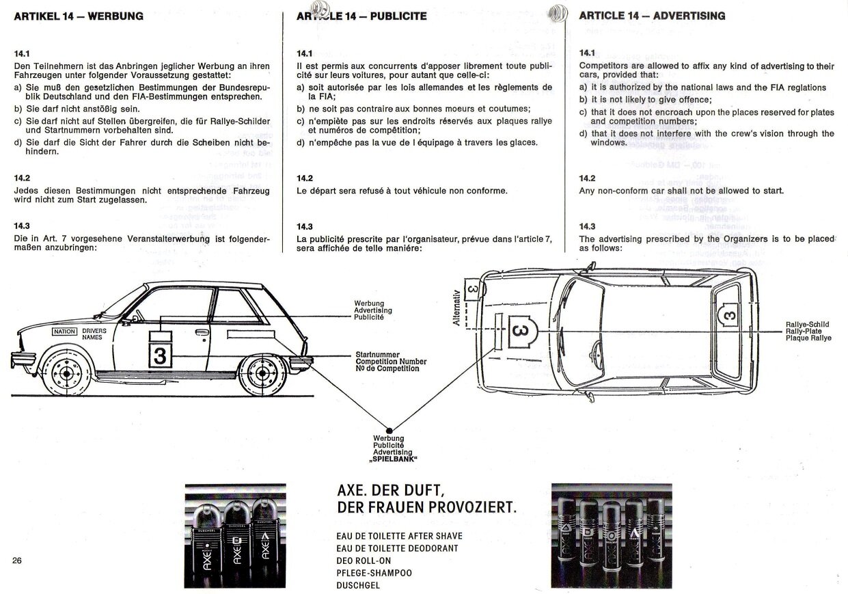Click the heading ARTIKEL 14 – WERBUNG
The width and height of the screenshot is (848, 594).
(79, 16)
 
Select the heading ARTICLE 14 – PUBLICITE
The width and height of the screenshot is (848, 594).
(361, 16)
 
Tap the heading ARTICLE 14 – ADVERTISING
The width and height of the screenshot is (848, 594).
(652, 16)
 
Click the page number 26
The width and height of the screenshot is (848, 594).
(18, 561)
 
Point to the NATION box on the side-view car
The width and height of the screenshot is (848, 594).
(65, 332)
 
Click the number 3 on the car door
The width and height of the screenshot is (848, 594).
(161, 355)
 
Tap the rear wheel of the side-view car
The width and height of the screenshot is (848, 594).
(263, 375)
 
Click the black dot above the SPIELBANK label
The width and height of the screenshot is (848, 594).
(389, 430)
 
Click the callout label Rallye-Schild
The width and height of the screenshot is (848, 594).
(808, 325)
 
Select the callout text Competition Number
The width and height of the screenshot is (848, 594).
(391, 362)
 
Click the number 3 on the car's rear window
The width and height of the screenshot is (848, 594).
(729, 315)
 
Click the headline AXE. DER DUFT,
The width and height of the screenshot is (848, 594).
(391, 491)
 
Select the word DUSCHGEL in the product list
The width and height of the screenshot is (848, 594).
(358, 585)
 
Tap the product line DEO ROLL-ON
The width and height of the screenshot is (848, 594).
(364, 561)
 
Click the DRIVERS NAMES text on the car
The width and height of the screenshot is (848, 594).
(94, 334)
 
